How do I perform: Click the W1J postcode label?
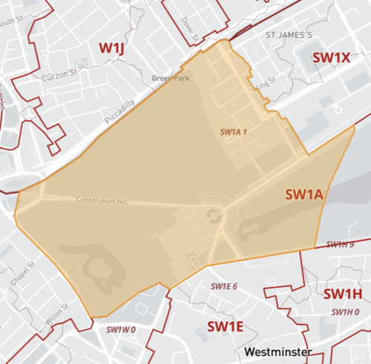[113, 49]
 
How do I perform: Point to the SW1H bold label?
[342, 294]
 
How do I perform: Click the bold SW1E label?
[225, 326]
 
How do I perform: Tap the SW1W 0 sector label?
[122, 329]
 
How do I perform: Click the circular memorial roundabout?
[214, 216]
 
